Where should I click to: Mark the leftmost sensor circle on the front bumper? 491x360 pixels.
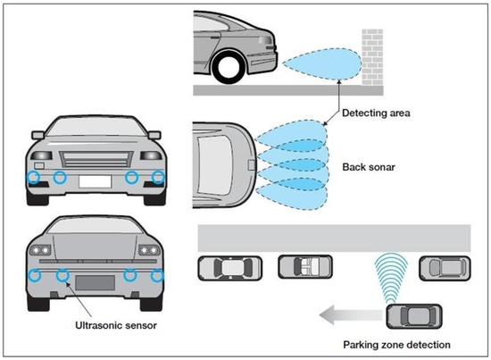33,178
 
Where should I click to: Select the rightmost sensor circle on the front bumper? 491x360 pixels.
158,178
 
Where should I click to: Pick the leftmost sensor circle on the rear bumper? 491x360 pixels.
33,274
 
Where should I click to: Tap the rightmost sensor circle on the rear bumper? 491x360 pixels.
158,274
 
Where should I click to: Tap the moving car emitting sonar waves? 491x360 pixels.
412,314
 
